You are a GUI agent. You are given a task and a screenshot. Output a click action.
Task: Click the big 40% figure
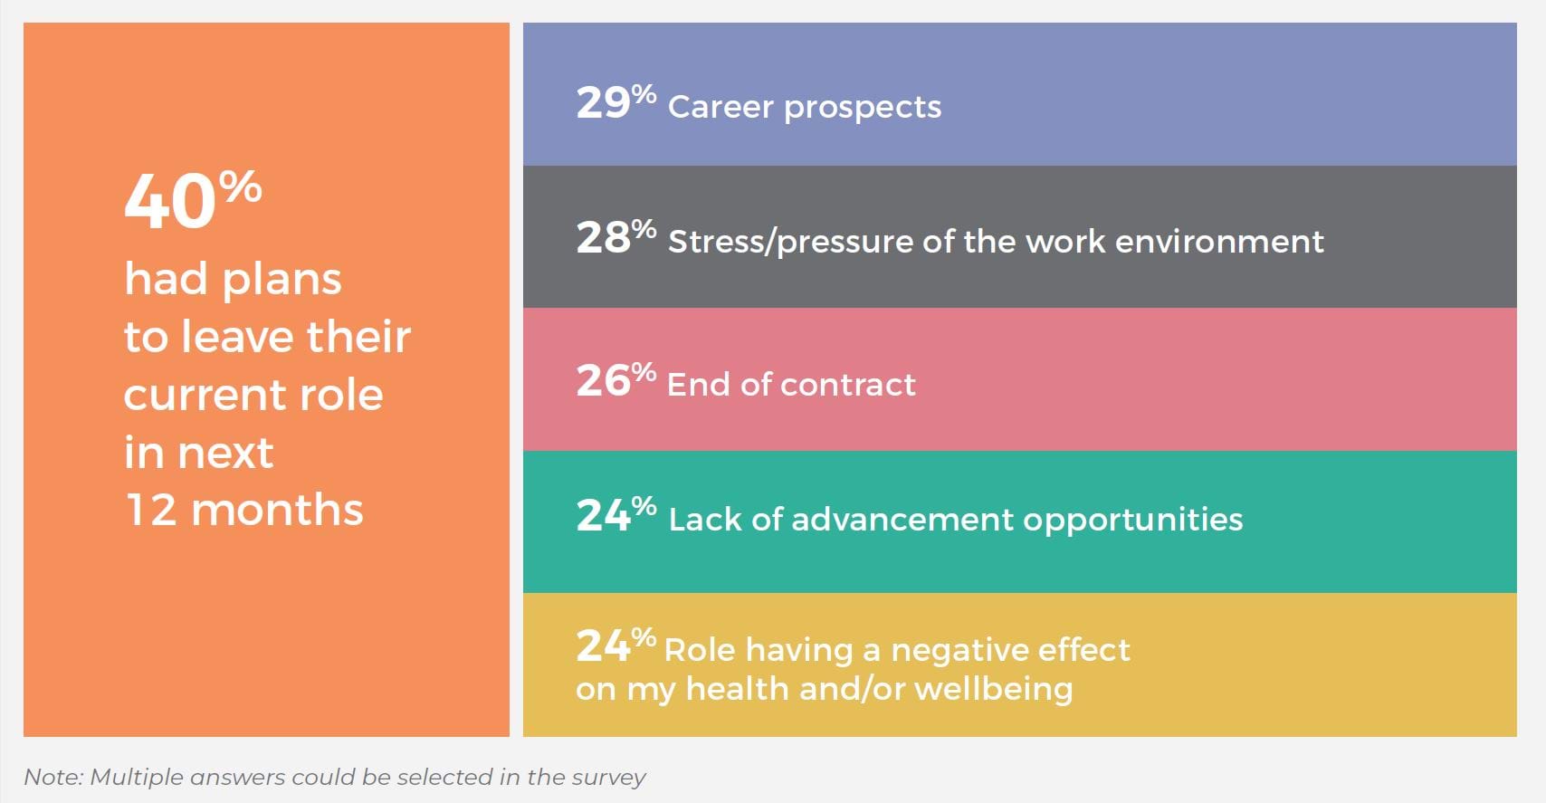[x=192, y=200]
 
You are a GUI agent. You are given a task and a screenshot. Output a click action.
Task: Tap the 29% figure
[x=616, y=102]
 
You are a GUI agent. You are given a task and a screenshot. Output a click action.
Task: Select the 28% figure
[x=616, y=237]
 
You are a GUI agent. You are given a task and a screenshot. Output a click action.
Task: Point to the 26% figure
[x=616, y=380]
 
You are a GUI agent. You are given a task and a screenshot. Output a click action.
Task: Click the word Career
[x=721, y=107]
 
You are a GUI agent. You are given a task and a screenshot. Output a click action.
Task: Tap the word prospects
[x=863, y=109]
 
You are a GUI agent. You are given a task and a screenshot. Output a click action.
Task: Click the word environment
[x=1219, y=241]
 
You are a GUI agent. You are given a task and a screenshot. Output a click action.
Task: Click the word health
[x=737, y=689]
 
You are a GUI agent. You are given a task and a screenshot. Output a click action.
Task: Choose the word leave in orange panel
[x=238, y=337]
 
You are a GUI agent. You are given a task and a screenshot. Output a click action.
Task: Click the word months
[x=277, y=510]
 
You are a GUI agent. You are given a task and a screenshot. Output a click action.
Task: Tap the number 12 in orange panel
[x=150, y=510]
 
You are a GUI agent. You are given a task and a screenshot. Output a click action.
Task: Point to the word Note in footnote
[x=52, y=777]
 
